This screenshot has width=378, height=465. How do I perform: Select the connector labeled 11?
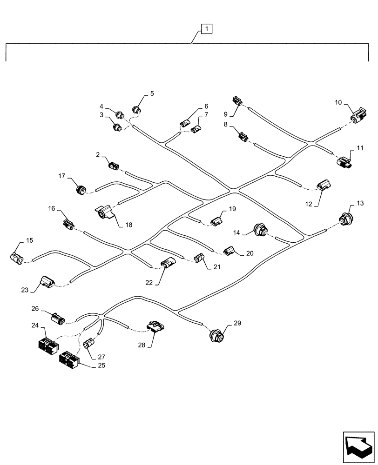[x=345, y=161]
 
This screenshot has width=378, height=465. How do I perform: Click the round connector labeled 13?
[x=345, y=219]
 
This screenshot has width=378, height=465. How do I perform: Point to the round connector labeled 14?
[x=261, y=230]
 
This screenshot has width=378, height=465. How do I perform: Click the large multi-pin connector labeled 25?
[x=69, y=360]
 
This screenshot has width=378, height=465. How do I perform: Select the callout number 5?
[x=151, y=94]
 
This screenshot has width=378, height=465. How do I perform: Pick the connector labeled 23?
[x=47, y=281]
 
